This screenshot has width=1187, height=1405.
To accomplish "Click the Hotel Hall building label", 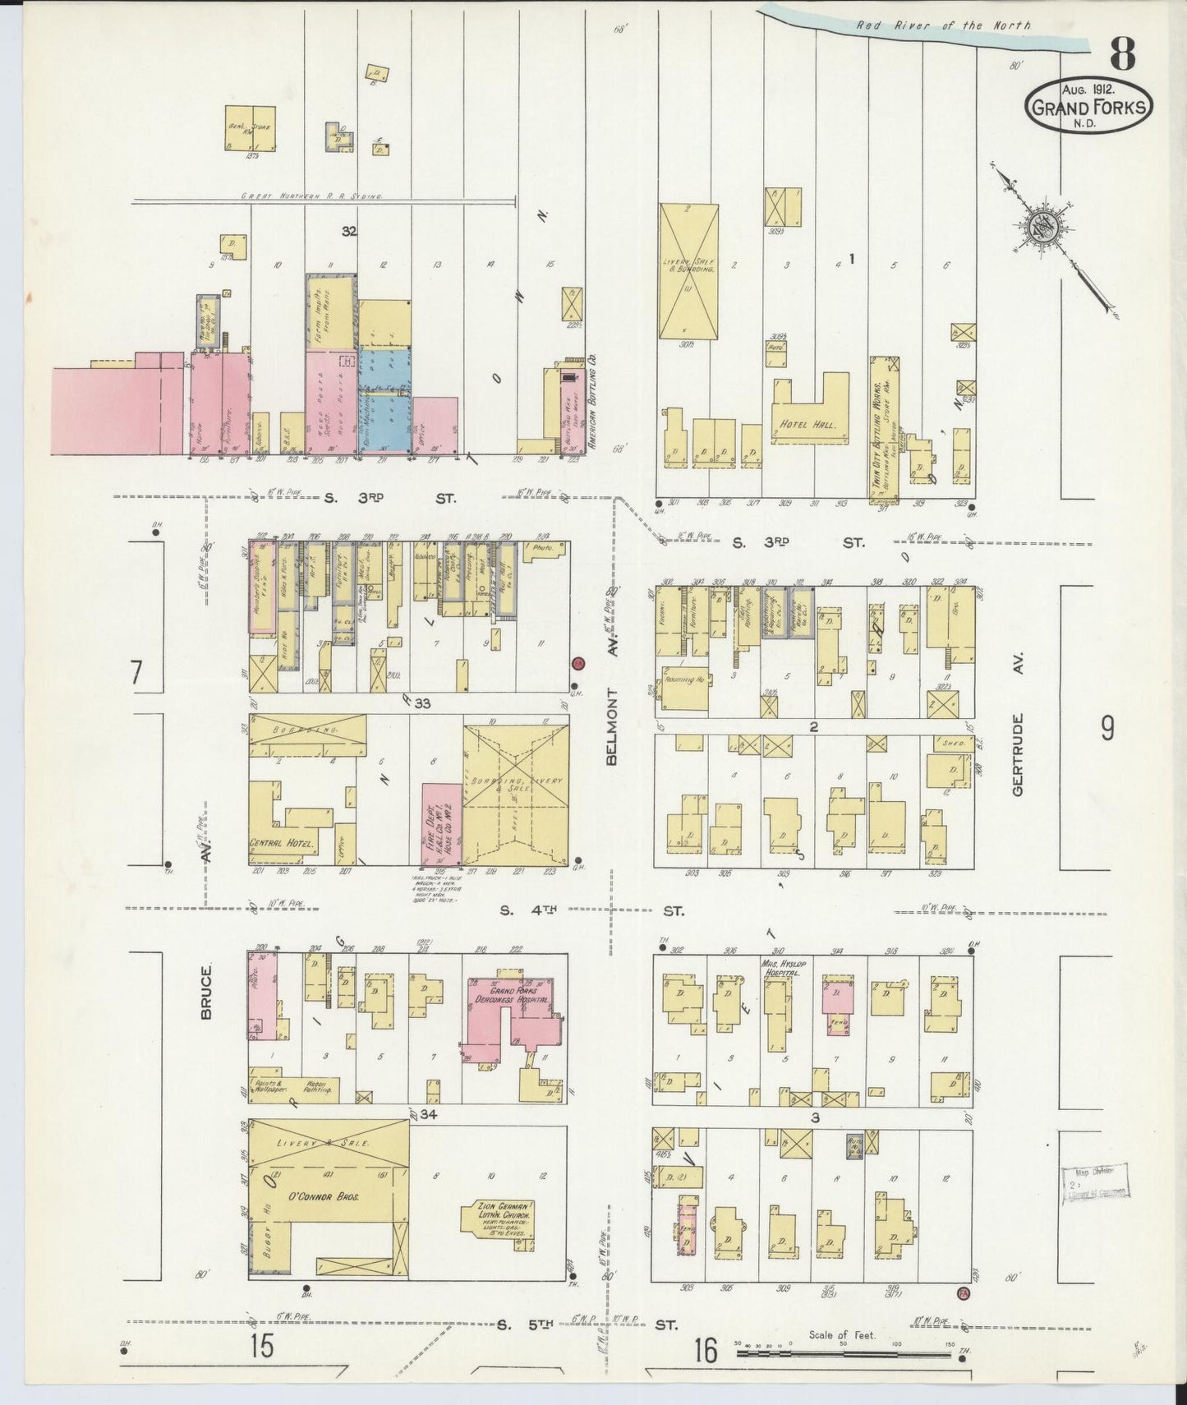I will click(803, 426).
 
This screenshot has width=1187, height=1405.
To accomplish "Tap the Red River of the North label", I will click(944, 25).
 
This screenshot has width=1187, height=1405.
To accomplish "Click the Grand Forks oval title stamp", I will click(1088, 107).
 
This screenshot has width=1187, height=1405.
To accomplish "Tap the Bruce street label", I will click(206, 993).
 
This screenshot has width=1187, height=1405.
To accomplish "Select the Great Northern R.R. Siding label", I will click(312, 197).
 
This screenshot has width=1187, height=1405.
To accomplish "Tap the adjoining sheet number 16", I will click(704, 1350).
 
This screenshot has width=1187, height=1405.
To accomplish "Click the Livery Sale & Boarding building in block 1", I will click(688, 271).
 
